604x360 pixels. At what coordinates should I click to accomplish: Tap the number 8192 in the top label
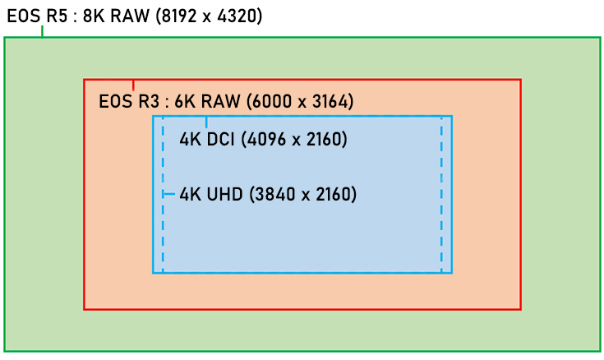click(177, 16)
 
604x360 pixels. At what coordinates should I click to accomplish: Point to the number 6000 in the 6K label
click(268, 102)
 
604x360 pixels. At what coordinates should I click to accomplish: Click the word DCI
click(221, 140)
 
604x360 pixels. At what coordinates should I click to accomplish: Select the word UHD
click(223, 195)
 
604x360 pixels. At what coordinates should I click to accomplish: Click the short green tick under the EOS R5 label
click(42, 32)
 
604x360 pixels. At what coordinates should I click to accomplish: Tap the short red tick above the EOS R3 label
click(133, 84)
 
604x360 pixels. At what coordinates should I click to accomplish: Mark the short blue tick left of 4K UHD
click(169, 195)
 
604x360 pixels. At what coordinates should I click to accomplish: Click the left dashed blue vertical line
click(163, 238)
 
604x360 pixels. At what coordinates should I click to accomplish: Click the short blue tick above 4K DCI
click(206, 121)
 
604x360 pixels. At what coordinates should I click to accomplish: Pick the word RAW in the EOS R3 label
click(218, 102)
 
